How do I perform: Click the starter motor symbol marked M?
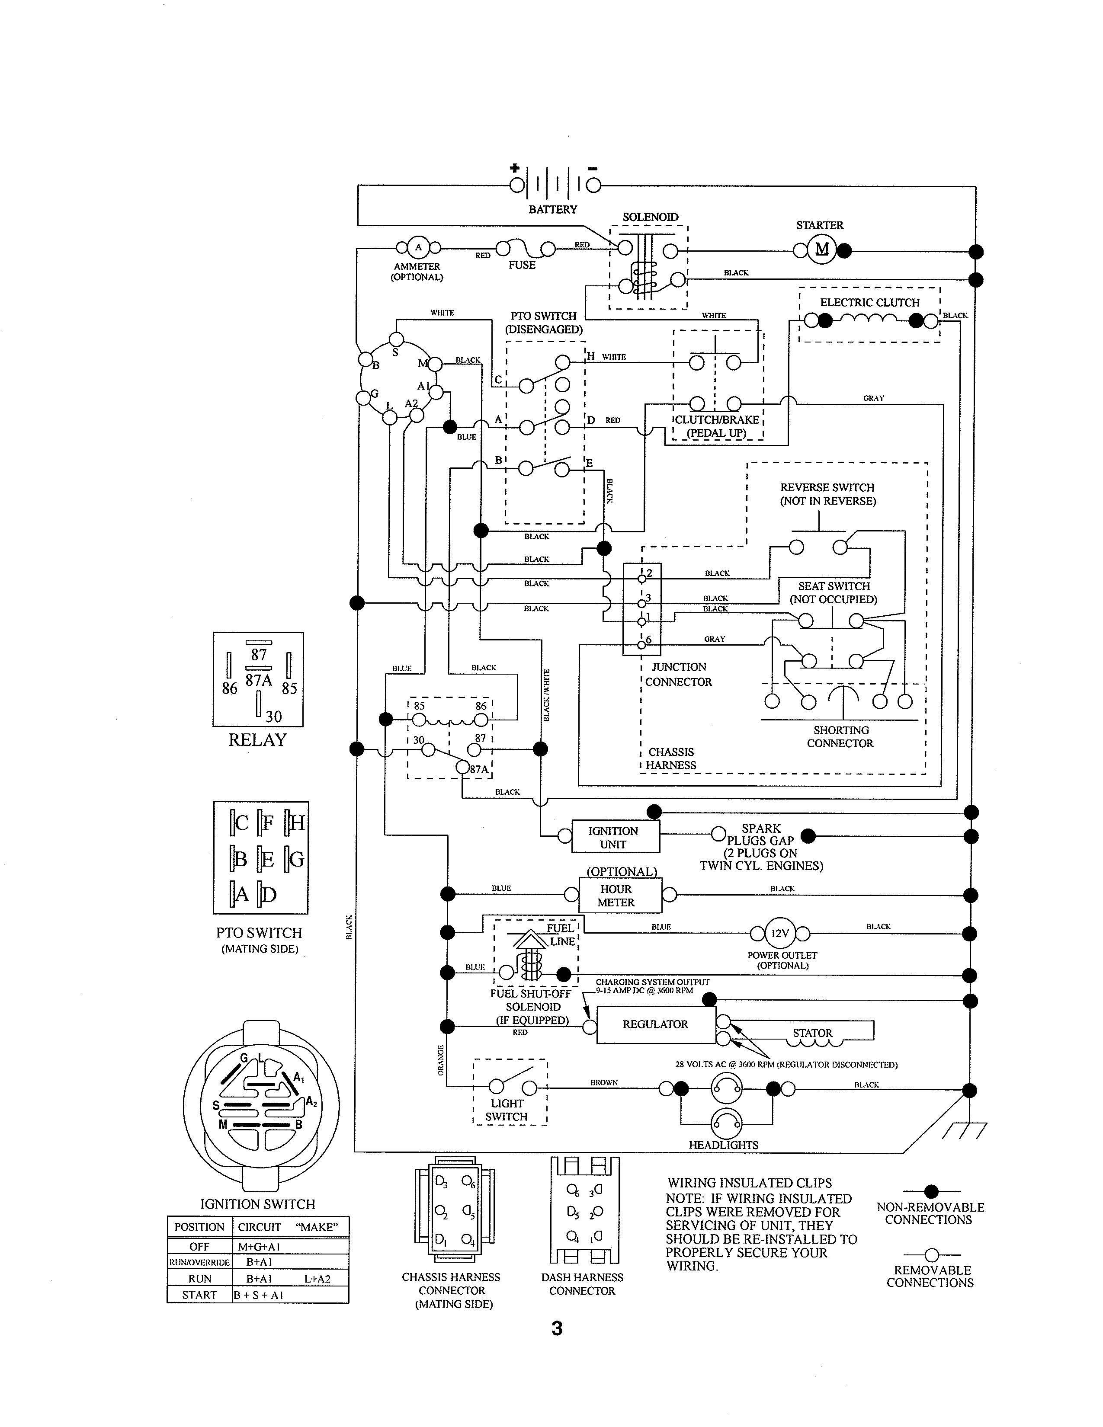[821, 249]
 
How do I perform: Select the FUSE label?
[522, 265]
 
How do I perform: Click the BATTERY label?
[553, 209]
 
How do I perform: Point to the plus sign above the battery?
[515, 168]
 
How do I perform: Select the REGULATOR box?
[655, 1024]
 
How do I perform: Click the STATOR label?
[812, 1033]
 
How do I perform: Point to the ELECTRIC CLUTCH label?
[870, 303]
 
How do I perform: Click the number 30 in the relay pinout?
[273, 717]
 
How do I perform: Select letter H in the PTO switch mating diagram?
[297, 822]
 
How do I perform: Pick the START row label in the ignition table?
[199, 1294]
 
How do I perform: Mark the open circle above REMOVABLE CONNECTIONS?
[932, 1255]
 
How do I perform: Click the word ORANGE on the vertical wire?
[440, 1060]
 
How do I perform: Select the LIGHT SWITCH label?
[507, 1110]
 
